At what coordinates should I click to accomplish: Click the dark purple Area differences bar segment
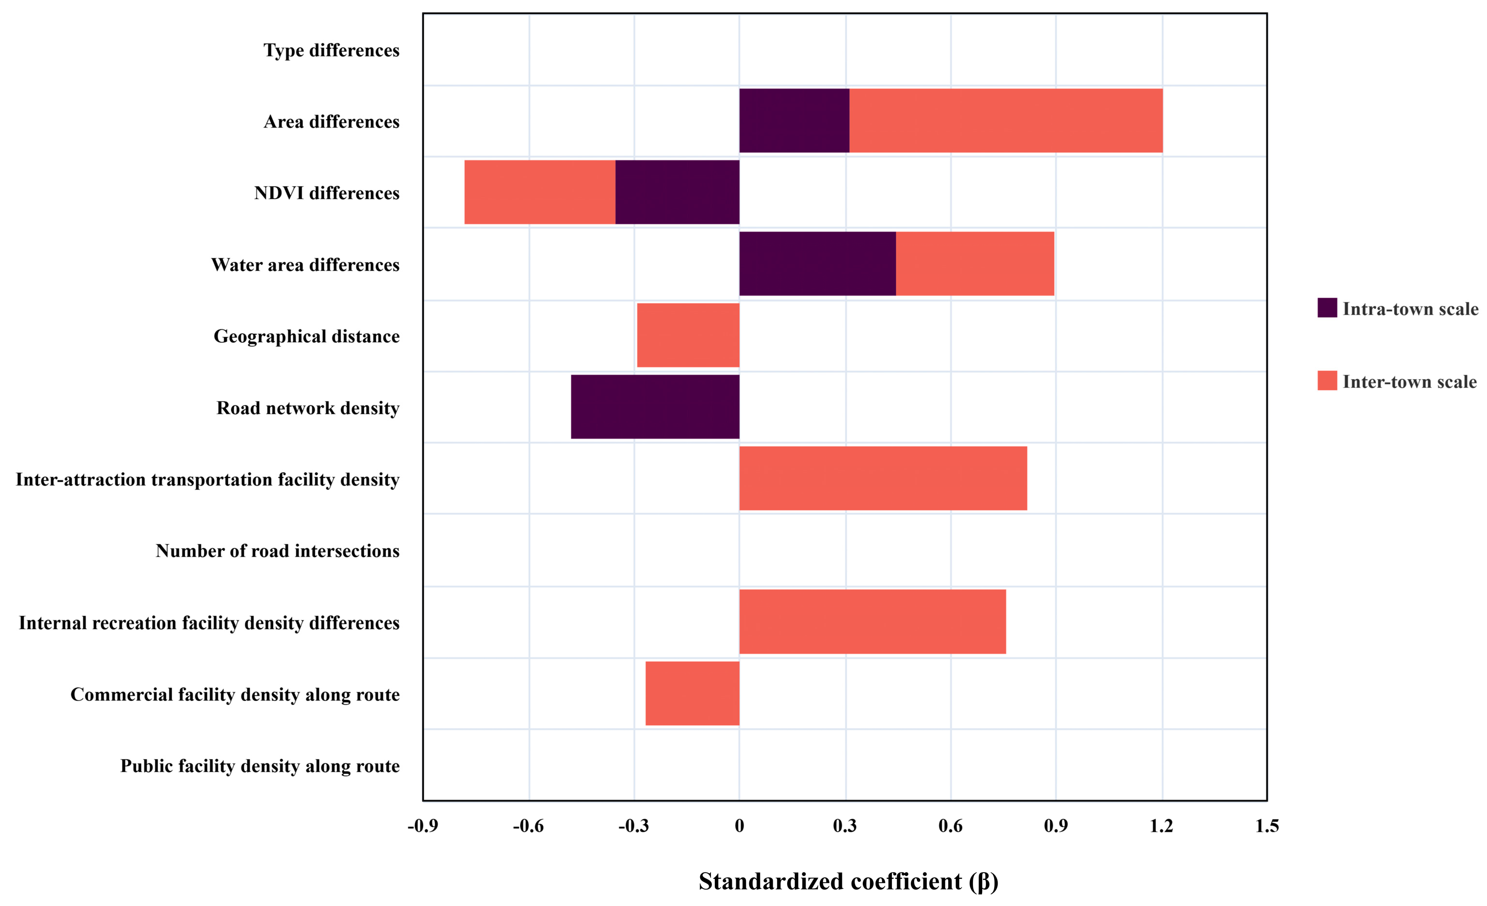pos(794,121)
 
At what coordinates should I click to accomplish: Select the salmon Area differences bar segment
pos(1006,121)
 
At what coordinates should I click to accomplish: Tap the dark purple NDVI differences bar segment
pos(678,192)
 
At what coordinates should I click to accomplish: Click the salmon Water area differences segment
pos(975,264)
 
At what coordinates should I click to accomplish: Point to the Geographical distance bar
pos(689,335)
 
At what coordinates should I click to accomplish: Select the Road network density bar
pos(655,407)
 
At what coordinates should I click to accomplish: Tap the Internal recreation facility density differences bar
pos(873,621)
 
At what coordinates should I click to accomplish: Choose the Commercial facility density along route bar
pos(693,693)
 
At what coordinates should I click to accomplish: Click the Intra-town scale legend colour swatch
pos(1327,308)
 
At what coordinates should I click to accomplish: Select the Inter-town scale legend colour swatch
pos(1327,381)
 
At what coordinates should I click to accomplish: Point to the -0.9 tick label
pos(423,826)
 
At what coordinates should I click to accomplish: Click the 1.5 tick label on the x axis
pos(1267,826)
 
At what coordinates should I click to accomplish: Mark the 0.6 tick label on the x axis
pos(951,826)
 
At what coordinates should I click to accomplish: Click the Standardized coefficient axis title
pos(849,881)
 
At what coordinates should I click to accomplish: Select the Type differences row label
pos(331,50)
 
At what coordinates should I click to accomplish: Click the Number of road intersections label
pos(277,551)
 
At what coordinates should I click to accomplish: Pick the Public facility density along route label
pos(260,766)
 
